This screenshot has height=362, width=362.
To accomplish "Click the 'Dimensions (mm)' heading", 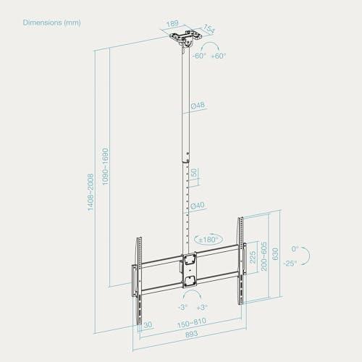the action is (52, 22).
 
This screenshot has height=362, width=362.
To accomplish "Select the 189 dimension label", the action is (172, 24).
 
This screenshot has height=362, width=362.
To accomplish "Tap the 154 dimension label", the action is (208, 29).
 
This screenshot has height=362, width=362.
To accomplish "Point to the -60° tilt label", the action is (199, 56).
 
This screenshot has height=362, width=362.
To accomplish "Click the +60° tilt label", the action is (219, 56).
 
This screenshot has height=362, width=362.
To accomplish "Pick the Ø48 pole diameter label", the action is (198, 106).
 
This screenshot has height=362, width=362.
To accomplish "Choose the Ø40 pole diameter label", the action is (198, 206).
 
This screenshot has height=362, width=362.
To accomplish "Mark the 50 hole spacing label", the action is (194, 172).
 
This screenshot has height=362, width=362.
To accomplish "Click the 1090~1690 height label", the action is (106, 167).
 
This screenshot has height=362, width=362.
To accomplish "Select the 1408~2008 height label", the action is (90, 193).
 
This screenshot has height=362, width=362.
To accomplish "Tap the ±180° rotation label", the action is (209, 240).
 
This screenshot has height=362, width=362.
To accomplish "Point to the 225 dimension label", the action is (253, 257).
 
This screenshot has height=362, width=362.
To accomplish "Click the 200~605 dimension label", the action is (264, 256).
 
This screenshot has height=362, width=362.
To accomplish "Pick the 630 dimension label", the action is (275, 254).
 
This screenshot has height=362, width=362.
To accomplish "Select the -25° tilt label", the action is (290, 264).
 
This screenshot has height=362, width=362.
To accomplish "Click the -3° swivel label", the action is (182, 307).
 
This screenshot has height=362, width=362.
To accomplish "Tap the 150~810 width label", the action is (192, 323).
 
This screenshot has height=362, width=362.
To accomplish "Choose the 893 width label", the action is (192, 334).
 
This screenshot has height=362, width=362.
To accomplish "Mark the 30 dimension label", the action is (148, 324).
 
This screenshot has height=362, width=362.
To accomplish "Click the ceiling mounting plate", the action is (186, 35).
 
